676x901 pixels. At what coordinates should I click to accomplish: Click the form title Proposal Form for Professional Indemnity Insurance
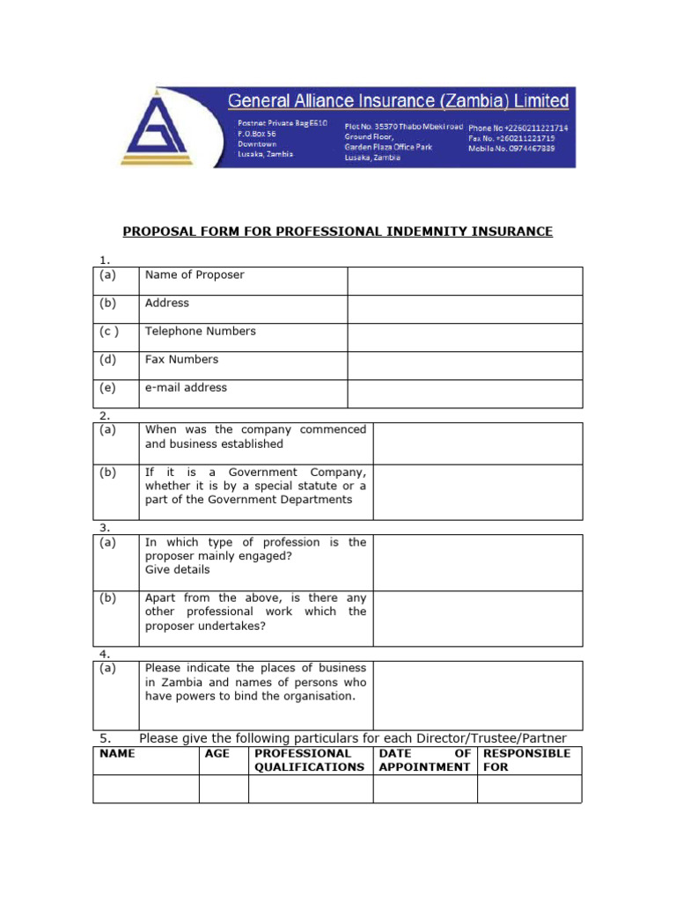tap(337, 231)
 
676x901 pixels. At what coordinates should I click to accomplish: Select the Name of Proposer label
tap(195, 275)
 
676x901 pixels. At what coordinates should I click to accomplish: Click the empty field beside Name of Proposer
tap(464, 281)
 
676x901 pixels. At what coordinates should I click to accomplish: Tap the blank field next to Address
tap(464, 309)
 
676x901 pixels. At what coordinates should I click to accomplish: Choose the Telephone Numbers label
tap(201, 332)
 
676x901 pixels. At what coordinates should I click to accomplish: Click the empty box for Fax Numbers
tap(464, 365)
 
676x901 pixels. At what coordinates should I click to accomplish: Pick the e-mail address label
tap(186, 388)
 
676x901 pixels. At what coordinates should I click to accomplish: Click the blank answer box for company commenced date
tap(478, 443)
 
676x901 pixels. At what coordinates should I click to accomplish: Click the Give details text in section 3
tap(177, 569)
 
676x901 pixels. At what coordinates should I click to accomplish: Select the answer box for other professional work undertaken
tap(478, 619)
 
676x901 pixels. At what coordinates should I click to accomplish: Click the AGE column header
tap(217, 753)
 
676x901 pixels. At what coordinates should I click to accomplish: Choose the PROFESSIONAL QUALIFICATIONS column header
tap(309, 760)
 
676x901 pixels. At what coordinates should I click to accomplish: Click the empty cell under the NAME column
tap(146, 788)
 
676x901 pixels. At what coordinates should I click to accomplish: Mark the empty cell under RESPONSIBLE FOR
tap(529, 788)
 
